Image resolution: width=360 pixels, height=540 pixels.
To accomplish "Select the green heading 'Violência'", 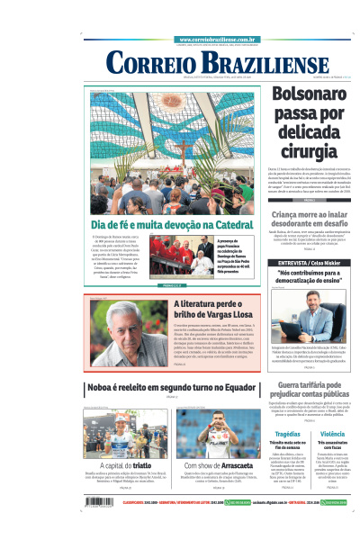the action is pyautogui.click(x=332, y=434).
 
